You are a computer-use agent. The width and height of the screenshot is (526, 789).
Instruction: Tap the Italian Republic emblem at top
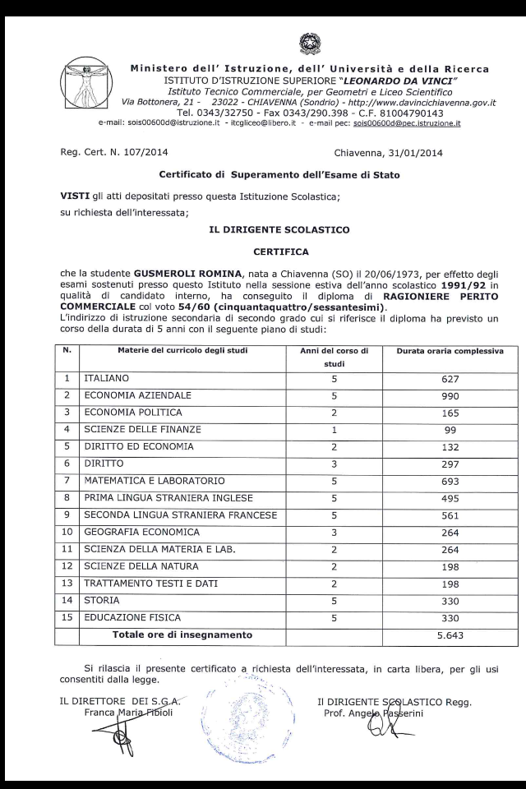[310, 44]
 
